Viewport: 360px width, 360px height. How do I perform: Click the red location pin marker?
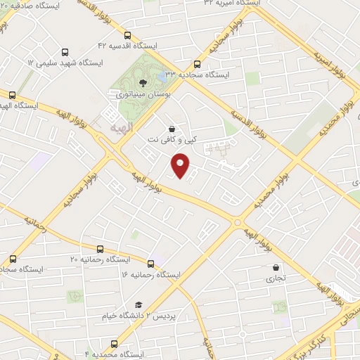[181, 165]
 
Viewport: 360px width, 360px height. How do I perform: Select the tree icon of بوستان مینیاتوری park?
[143, 83]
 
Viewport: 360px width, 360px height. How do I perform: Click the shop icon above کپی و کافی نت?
[172, 128]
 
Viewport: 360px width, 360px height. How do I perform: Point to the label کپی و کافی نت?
[168, 139]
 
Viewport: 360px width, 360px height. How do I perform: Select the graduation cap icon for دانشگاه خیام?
[139, 304]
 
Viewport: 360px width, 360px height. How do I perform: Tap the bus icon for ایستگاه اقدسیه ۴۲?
[127, 34]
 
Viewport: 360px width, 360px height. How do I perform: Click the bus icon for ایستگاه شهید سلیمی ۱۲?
[65, 51]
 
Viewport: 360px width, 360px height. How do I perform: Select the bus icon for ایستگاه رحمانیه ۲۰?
[100, 249]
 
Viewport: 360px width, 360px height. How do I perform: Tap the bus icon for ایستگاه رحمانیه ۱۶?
[150, 263]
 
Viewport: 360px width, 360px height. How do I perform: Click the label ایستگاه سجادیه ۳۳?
[204, 73]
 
